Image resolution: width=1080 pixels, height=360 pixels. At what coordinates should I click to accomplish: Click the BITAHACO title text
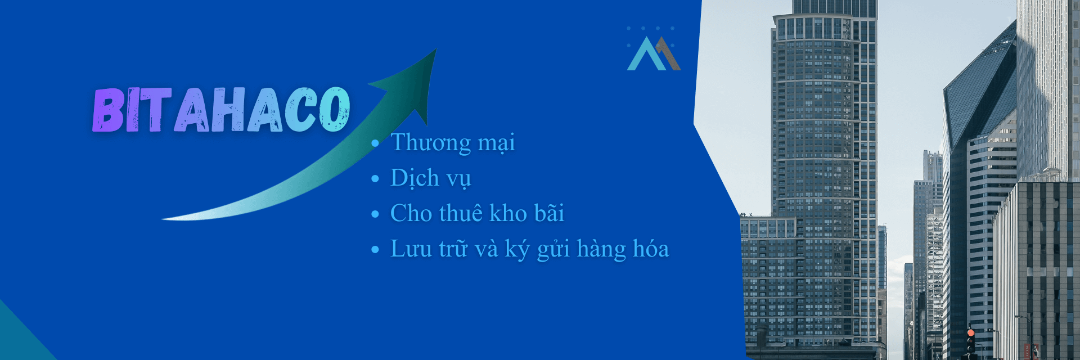(x=221, y=110)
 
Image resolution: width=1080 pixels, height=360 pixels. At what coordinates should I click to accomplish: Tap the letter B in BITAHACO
(x=109, y=110)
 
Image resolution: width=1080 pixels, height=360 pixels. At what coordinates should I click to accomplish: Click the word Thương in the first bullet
(x=431, y=143)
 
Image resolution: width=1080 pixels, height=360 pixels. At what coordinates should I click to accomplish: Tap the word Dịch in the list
(x=415, y=178)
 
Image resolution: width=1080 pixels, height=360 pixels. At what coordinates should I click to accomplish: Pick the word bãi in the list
(x=549, y=213)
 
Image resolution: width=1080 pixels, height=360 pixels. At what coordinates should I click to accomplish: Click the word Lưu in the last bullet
(x=411, y=249)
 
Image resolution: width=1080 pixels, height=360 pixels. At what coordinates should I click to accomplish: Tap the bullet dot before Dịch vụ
(x=375, y=179)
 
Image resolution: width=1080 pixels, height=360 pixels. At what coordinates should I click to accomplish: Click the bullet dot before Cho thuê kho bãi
(x=375, y=215)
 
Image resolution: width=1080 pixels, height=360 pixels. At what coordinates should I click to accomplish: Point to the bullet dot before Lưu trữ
(x=375, y=250)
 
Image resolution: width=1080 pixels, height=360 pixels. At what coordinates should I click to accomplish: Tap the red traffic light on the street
(x=970, y=333)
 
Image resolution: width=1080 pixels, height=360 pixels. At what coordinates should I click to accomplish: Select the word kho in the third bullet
(x=508, y=213)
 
